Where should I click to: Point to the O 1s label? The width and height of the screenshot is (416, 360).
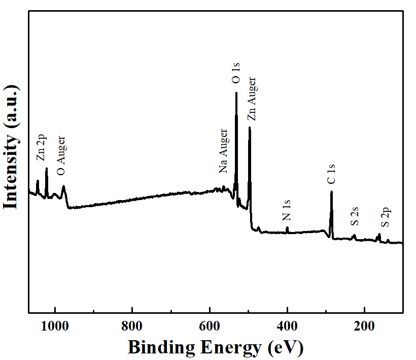[x=236, y=73]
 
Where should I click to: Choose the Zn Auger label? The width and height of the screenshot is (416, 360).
[x=251, y=99]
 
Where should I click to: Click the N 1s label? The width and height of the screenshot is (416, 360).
[x=287, y=210]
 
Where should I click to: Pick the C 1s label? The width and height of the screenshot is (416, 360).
[x=331, y=174]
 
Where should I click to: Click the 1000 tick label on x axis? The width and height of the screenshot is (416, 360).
[x=55, y=326]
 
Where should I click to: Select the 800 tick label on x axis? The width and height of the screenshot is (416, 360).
[x=132, y=326]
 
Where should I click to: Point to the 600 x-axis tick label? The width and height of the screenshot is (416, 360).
[x=210, y=326]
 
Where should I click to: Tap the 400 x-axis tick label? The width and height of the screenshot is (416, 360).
[x=287, y=326]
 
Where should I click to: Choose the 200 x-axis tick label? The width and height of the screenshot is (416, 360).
[x=364, y=326]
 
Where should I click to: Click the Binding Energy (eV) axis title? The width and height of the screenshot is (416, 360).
[x=215, y=347]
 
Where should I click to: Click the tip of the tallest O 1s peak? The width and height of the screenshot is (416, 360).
[x=236, y=93]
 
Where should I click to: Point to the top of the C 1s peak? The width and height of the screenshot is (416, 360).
[x=331, y=192]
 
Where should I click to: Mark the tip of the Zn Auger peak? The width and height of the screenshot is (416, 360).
[x=250, y=127]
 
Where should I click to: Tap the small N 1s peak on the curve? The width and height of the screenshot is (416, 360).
[x=287, y=227]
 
